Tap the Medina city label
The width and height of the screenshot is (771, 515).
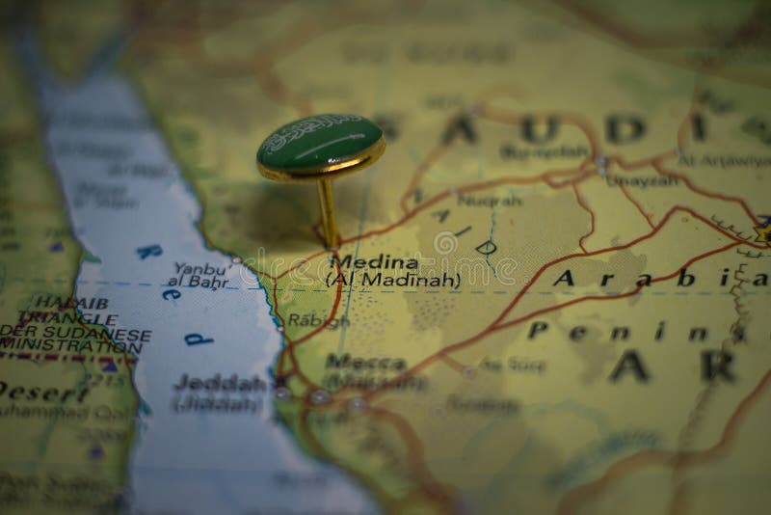pyautogui.click(x=374, y=262)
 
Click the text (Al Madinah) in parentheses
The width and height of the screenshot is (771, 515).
pyautogui.click(x=392, y=281)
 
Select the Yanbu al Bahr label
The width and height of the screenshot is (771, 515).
pyautogui.click(x=199, y=275)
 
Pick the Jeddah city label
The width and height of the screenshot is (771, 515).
pyautogui.click(x=220, y=383)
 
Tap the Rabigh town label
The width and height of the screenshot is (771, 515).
pyautogui.click(x=318, y=322)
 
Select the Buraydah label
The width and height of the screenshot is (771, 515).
pyautogui.click(x=544, y=151)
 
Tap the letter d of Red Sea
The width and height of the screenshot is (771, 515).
pyautogui.click(x=198, y=339)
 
